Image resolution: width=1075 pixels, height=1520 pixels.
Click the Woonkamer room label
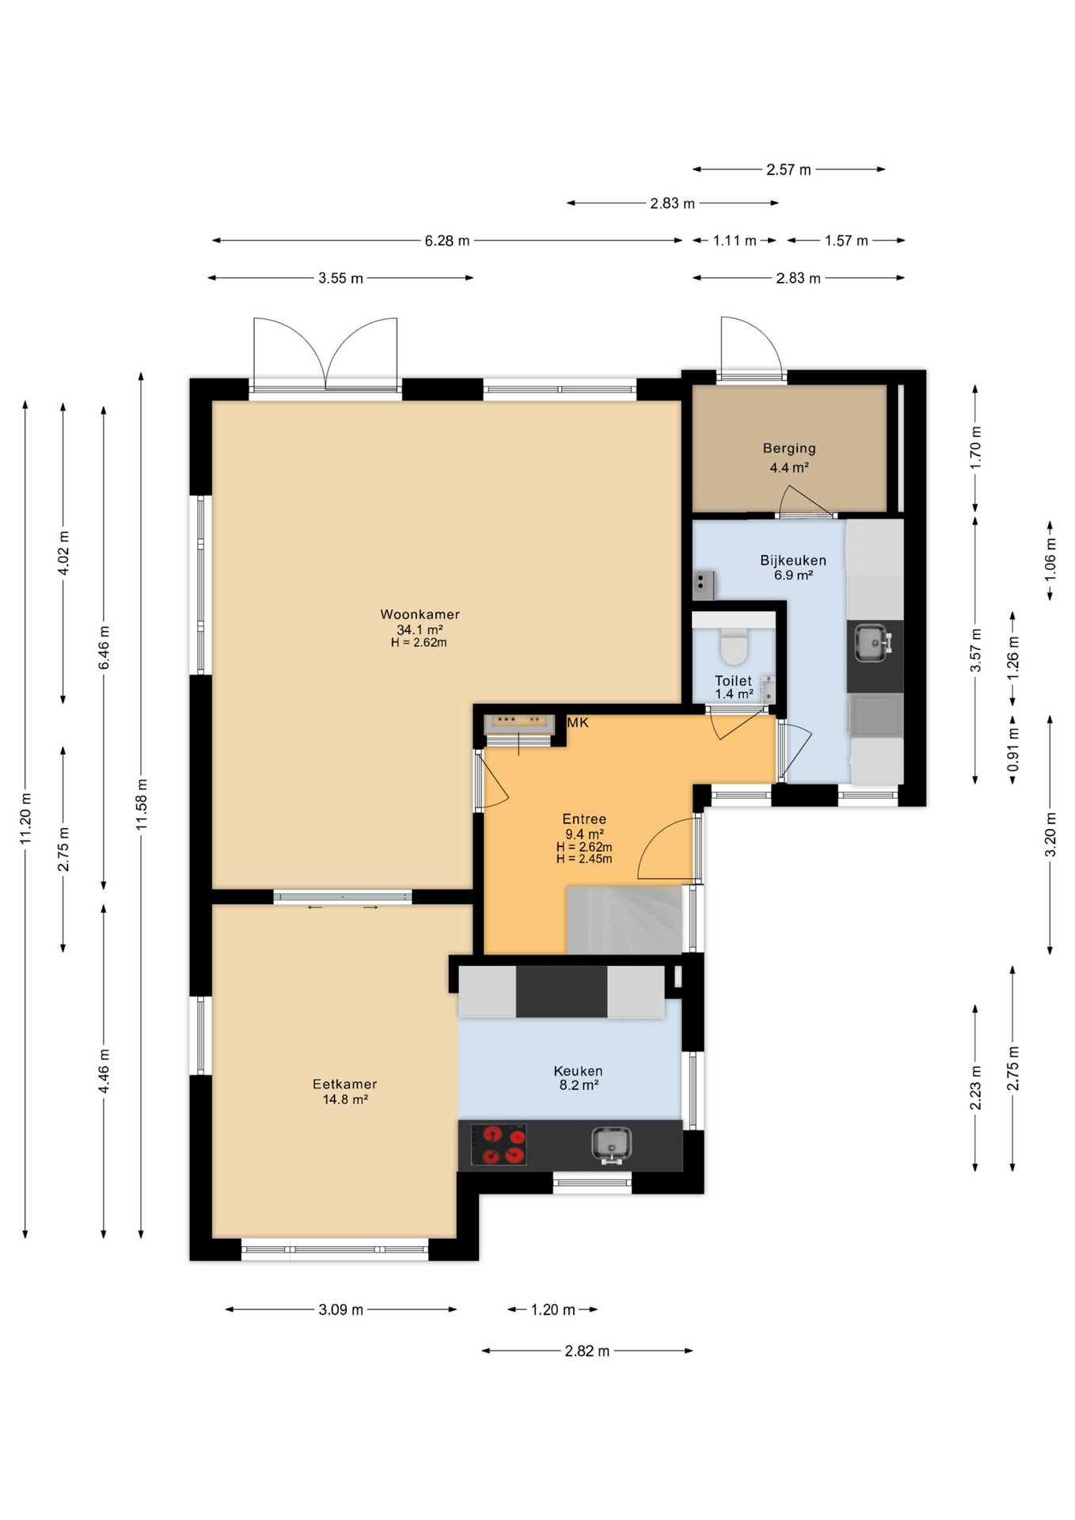tap(420, 614)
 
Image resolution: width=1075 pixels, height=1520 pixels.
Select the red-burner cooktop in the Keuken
tap(499, 1145)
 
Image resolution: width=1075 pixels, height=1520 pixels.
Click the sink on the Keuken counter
tap(610, 1145)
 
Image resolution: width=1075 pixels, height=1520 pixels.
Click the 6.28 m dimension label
tap(446, 241)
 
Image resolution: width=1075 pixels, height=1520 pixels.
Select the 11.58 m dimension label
tap(142, 804)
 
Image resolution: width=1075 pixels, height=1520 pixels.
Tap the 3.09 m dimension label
tap(340, 1309)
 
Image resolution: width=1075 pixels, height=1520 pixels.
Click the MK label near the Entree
tap(578, 723)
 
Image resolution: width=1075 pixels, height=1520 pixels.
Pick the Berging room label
tap(789, 448)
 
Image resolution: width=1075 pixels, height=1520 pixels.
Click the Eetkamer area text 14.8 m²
tap(345, 1100)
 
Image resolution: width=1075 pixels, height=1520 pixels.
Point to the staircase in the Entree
tap(624, 920)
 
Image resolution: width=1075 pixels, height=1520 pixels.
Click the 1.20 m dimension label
tap(553, 1309)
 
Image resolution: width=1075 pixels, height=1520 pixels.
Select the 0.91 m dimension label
tap(1012, 750)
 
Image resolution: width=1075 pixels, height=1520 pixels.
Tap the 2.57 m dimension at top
tap(788, 169)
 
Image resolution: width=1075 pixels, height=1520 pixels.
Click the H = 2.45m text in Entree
tap(584, 859)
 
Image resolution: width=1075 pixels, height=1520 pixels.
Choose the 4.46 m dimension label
tap(104, 1071)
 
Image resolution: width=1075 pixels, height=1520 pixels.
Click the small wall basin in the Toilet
tap(768, 689)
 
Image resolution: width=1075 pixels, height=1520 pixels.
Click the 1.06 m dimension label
tap(1050, 560)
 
